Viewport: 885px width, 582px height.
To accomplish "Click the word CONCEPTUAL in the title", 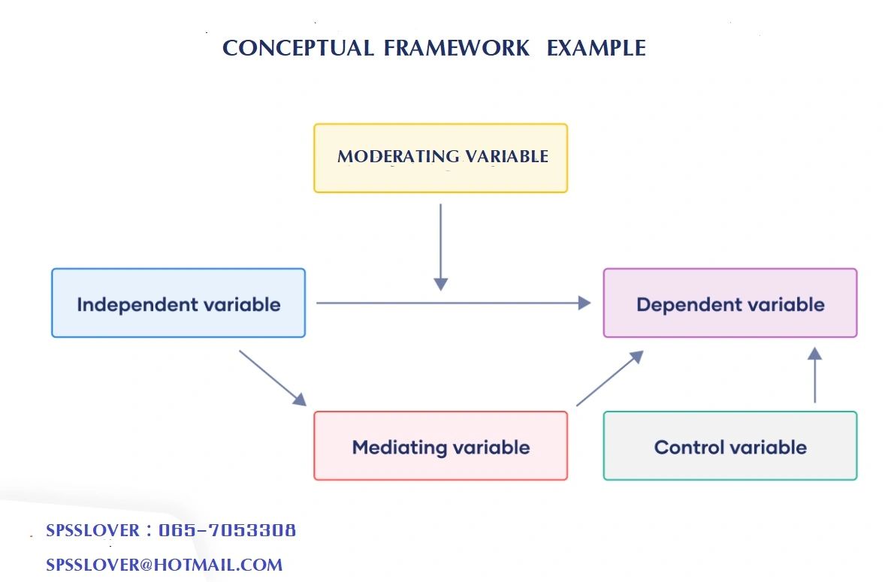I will (298, 48).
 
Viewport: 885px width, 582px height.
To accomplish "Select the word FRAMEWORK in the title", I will (457, 48).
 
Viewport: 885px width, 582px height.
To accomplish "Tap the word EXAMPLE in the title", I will (597, 48).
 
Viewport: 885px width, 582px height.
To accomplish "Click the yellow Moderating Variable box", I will (440, 158).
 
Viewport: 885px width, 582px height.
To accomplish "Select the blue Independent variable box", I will (178, 303).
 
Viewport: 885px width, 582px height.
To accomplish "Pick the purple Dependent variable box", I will (729, 303).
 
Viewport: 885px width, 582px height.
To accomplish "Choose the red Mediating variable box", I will (440, 446).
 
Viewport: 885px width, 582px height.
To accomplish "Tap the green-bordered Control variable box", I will (729, 446).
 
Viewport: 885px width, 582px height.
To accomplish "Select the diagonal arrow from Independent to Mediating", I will (273, 377).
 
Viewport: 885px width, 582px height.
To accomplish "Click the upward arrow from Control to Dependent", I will (815, 375).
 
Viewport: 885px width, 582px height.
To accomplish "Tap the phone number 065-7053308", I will (228, 530).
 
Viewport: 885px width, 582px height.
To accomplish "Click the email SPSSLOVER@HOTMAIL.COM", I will (164, 565).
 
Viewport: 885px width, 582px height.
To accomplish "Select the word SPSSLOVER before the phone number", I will (92, 530).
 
